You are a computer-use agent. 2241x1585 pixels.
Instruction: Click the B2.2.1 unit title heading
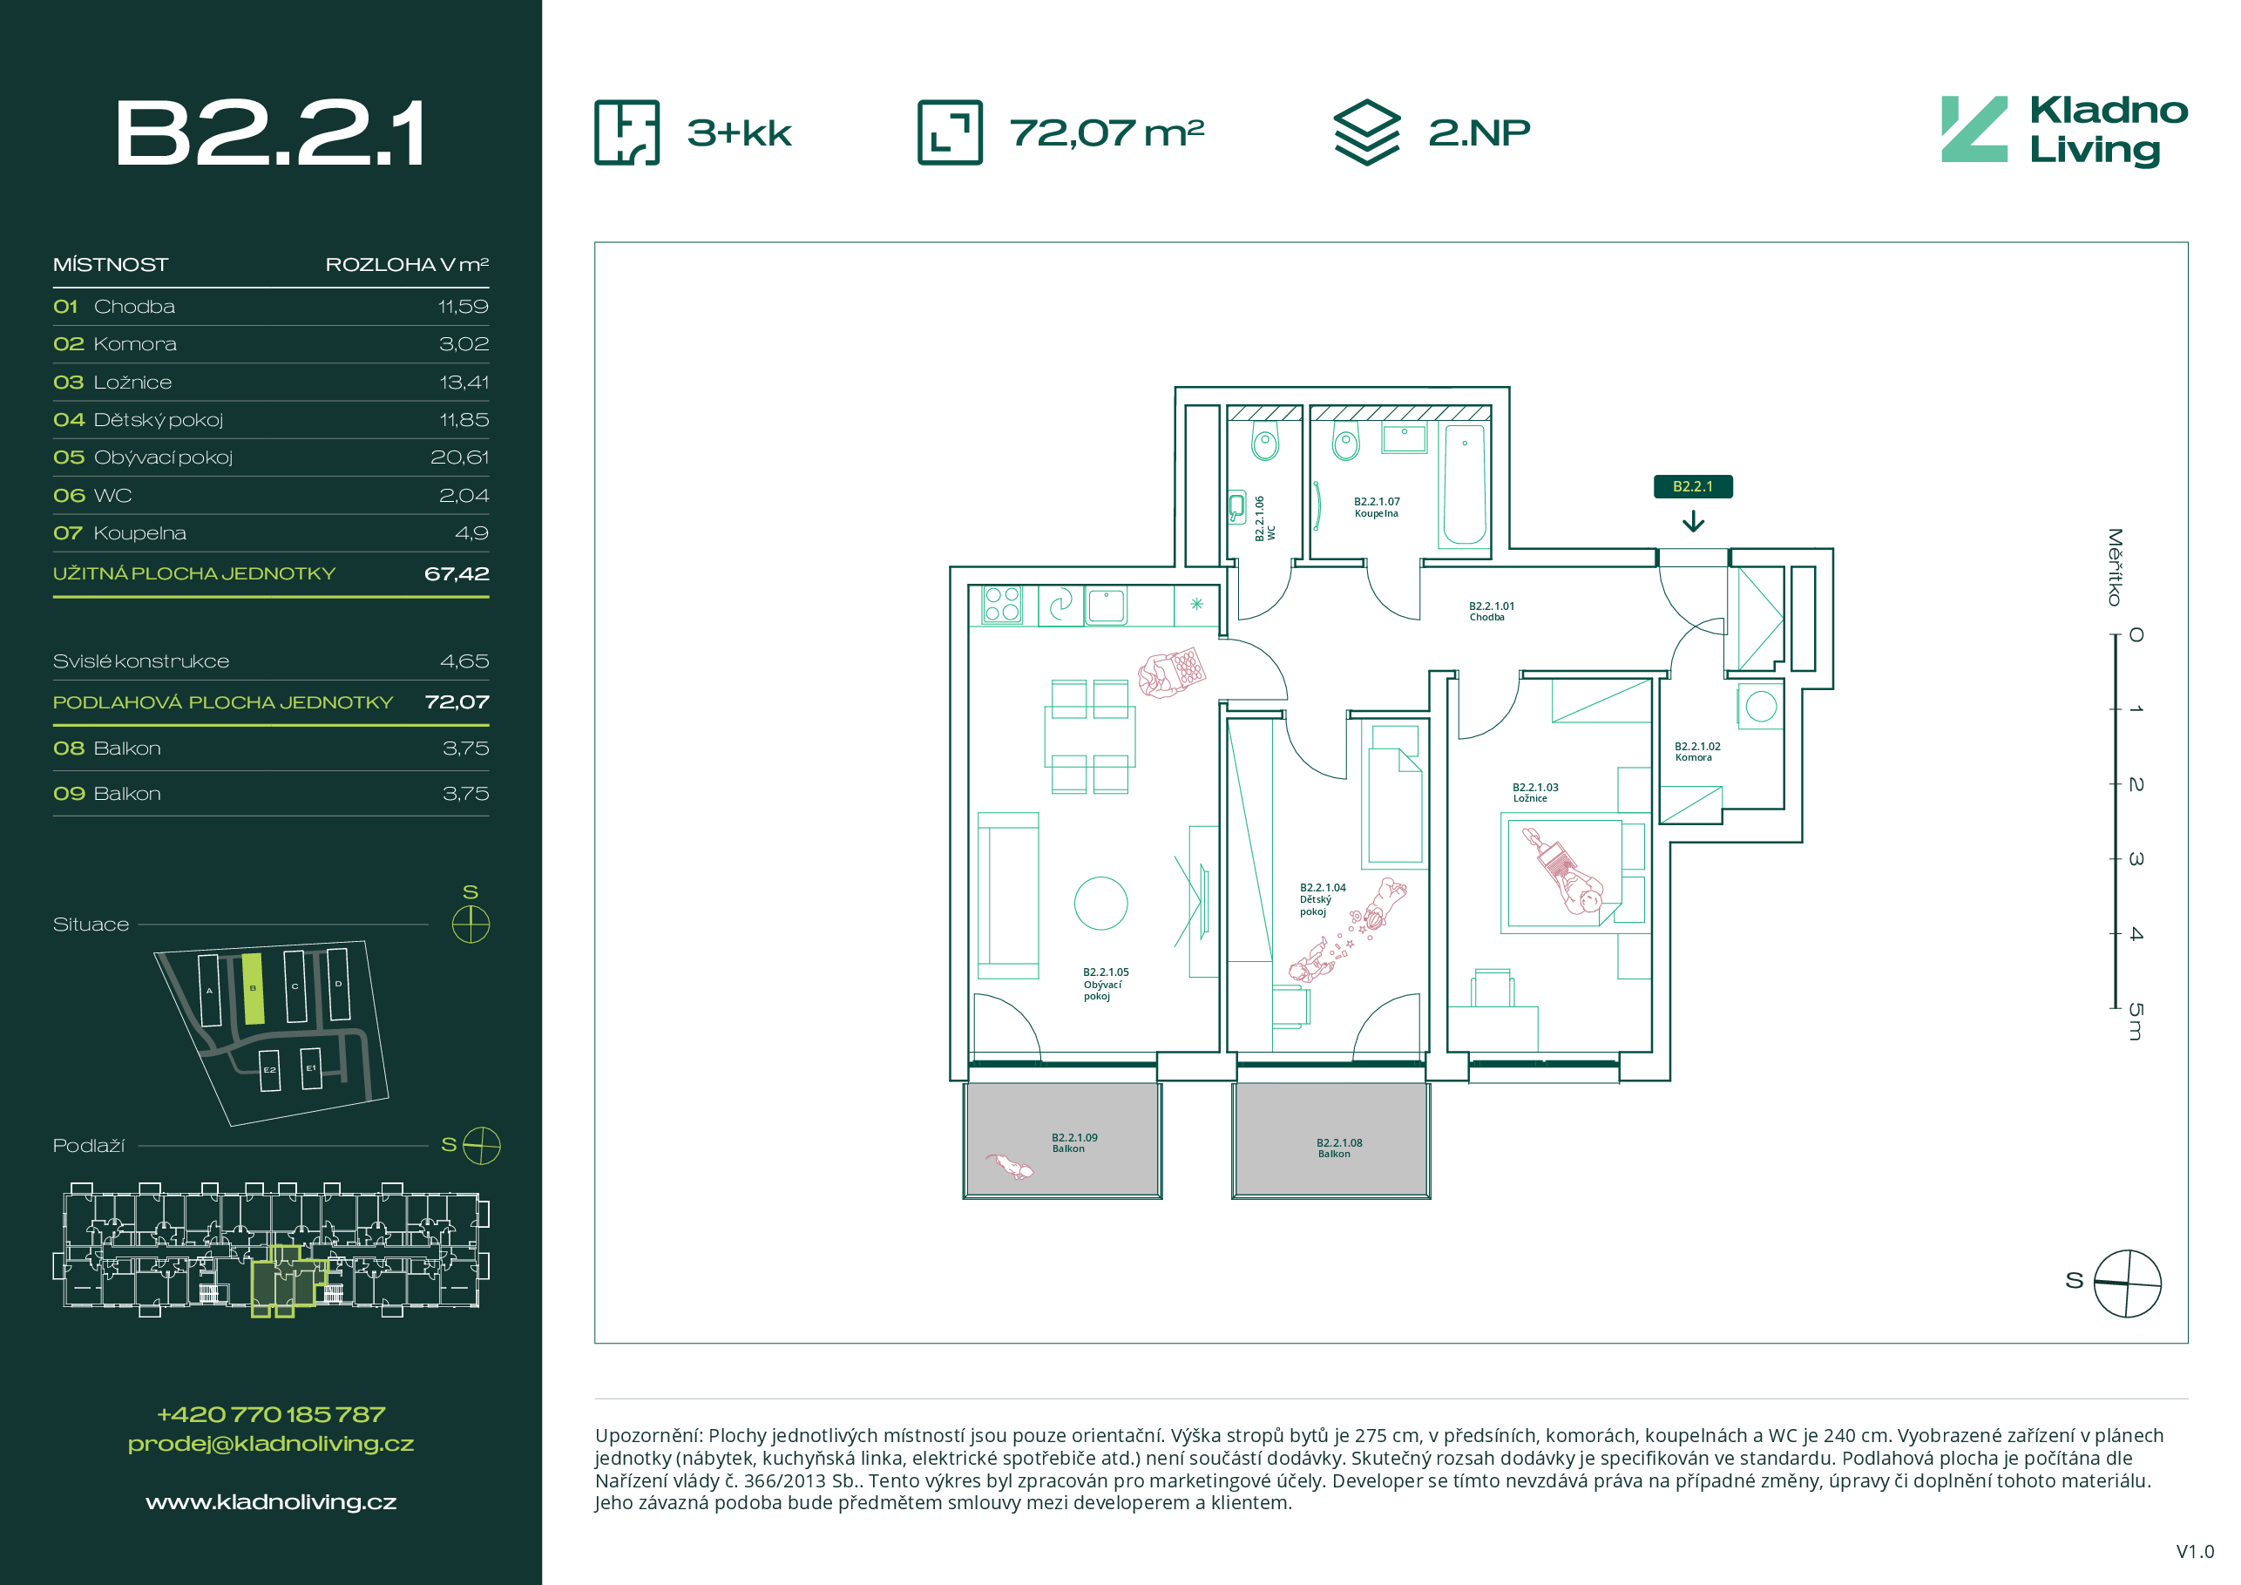pos(270,132)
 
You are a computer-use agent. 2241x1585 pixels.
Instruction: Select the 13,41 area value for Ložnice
pos(464,383)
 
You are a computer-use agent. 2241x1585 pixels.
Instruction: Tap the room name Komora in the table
pos(135,344)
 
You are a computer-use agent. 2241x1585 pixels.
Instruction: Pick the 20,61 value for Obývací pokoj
pos(460,457)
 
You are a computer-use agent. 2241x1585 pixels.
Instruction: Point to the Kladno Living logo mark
pos(1974,129)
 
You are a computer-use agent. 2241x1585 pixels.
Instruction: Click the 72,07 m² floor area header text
pos(1107,132)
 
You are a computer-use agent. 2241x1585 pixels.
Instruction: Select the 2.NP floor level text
pos(1479,132)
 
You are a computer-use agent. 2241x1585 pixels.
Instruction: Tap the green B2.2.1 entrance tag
pos(1692,486)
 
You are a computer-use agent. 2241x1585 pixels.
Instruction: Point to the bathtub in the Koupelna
pos(1464,484)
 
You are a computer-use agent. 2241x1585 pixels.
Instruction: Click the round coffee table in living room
pos(1101,903)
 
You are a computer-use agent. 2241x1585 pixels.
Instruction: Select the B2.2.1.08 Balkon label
pos(1339,1148)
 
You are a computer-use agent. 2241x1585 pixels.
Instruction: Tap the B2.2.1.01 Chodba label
pos(1492,611)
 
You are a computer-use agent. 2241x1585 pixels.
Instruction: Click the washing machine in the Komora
pos(1761,706)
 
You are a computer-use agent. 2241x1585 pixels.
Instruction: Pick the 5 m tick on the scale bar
pos(2115,1007)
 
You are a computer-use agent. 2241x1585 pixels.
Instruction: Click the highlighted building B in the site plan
pos(253,989)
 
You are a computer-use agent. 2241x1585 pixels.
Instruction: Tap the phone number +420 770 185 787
pos(271,1414)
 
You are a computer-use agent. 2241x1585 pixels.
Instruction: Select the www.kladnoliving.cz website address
pos(271,1502)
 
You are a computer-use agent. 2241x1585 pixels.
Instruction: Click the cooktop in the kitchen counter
pos(1001,604)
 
